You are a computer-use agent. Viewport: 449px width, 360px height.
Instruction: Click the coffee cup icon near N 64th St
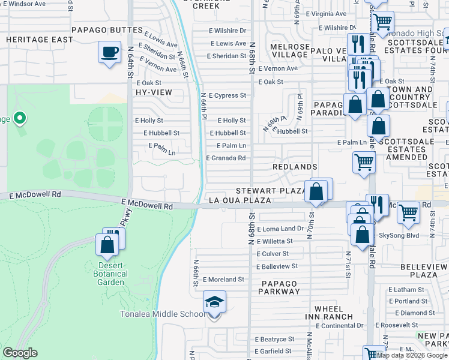click(109, 52)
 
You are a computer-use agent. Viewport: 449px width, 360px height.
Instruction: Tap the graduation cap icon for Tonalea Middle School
click(214, 302)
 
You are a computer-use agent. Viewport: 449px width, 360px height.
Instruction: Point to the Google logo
click(20, 353)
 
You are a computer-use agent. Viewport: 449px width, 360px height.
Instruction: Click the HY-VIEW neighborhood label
click(154, 92)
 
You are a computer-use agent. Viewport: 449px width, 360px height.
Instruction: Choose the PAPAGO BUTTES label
click(106, 29)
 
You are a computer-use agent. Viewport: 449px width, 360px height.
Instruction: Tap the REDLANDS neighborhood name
click(295, 166)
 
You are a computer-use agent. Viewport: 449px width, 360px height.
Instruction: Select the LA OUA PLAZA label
click(240, 200)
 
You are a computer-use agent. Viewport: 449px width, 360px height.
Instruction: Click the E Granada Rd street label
click(226, 158)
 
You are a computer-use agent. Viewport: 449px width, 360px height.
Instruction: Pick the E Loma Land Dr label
click(280, 229)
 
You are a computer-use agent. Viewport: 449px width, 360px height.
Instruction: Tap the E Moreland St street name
click(223, 280)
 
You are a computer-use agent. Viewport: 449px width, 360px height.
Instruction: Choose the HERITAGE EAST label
click(40, 40)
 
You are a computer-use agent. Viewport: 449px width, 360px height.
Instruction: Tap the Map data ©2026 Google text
click(412, 355)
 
